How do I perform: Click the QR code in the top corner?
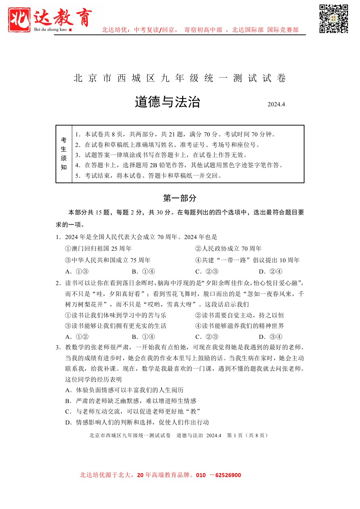pyautogui.click(x=334, y=19)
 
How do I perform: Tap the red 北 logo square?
pyautogui.click(x=19, y=20)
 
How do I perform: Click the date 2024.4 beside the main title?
pyautogui.click(x=276, y=104)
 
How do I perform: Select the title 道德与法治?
pyautogui.click(x=167, y=102)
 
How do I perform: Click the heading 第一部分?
pyautogui.click(x=180, y=198)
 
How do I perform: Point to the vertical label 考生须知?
pyautogui.click(x=64, y=154)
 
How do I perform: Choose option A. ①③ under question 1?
pyautogui.click(x=77, y=271)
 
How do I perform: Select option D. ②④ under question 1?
pyautogui.click(x=270, y=271)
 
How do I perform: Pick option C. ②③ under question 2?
pyautogui.click(x=207, y=337)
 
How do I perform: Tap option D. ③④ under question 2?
pyautogui.click(x=270, y=337)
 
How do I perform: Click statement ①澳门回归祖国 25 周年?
pyautogui.click(x=98, y=249)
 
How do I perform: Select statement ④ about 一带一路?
pyautogui.click(x=247, y=260)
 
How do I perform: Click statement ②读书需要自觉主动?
pyautogui.click(x=240, y=315)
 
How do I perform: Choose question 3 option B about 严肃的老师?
pyautogui.click(x=131, y=401)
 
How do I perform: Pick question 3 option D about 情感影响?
pyautogui.click(x=137, y=422)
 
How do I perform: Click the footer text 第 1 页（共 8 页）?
pyautogui.click(x=247, y=435)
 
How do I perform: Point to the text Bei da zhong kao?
pyautogui.click(x=50, y=30)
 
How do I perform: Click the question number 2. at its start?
pyautogui.click(x=58, y=283)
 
